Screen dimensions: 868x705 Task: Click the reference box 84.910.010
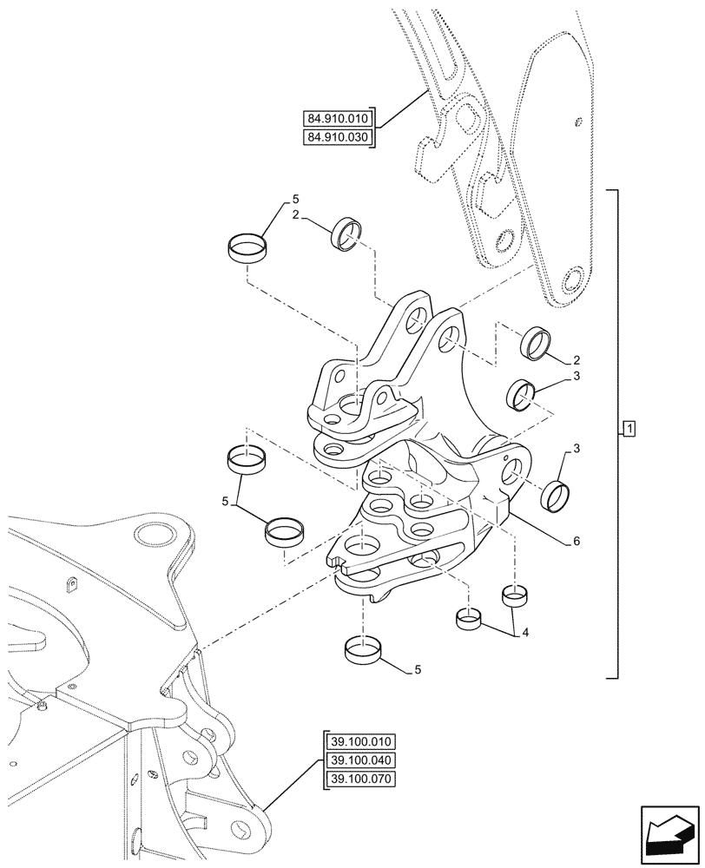tap(338, 119)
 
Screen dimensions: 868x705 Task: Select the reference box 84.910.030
tap(338, 138)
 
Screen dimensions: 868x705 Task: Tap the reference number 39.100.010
tap(360, 741)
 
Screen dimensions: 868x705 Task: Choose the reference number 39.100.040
tap(360, 760)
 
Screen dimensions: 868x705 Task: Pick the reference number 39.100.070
tap(360, 779)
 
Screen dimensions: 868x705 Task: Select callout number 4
tap(525, 634)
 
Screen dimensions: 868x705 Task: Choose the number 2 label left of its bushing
tap(297, 216)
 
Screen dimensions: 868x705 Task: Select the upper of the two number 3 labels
tap(576, 376)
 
